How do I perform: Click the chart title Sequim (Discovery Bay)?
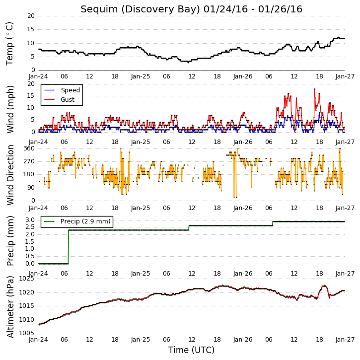(141, 9)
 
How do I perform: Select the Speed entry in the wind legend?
(70, 90)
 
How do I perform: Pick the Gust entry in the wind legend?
(68, 100)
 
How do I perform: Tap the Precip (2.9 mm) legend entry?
(85, 221)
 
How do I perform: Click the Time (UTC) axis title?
(191, 350)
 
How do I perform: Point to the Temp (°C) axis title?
(9, 44)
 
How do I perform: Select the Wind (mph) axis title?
(10, 109)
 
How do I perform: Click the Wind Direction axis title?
(10, 175)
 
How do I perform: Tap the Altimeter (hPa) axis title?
(10, 307)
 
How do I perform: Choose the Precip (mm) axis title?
(10, 241)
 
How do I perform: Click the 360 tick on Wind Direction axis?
(29, 148)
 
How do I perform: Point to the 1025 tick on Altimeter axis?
(26, 279)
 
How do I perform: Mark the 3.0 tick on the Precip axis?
(30, 220)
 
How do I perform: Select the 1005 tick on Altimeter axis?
(26, 333)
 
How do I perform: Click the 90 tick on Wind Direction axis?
(31, 188)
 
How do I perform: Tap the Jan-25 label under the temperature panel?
(141, 76)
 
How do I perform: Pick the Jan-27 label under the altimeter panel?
(345, 340)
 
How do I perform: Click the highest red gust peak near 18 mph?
(314, 89)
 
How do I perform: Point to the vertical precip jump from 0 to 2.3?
(69, 247)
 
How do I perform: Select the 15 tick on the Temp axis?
(31, 29)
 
